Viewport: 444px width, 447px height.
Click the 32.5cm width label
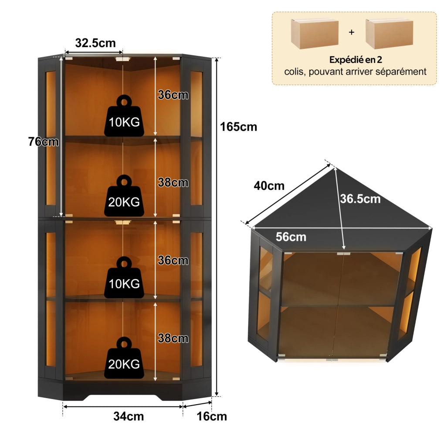95,43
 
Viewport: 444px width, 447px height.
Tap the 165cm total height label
238,127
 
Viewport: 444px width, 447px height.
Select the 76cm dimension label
44,142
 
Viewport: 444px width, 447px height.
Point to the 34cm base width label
129,416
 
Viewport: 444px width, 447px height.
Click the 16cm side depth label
212,416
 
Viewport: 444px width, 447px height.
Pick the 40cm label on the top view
269,186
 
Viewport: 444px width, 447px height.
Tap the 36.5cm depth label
360,199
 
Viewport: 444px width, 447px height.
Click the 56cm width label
291,237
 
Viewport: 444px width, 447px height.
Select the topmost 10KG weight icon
124,116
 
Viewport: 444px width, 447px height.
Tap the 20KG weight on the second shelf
124,196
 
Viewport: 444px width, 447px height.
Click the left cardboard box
315,33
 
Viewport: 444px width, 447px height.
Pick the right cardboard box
389,33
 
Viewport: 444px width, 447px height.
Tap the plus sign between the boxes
352,32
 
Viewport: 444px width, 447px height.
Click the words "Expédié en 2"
356,60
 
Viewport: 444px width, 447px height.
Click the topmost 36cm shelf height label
173,95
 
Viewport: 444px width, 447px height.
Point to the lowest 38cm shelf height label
173,338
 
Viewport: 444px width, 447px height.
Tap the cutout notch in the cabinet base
123,397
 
